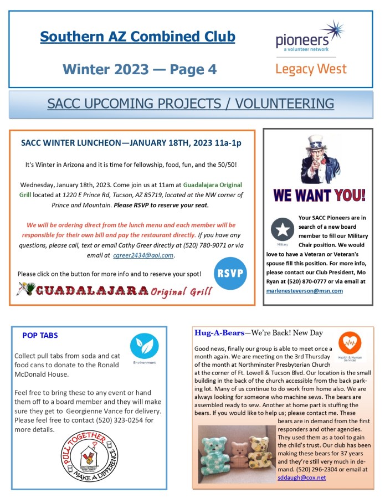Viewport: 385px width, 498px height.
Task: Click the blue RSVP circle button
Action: tap(230, 274)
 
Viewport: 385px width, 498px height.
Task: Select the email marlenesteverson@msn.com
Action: tap(304, 290)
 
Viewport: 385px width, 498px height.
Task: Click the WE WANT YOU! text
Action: tap(319, 196)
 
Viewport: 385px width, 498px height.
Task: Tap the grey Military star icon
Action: tap(283, 230)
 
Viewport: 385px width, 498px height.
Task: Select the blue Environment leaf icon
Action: tap(144, 347)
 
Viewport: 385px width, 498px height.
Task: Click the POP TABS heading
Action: tap(40, 335)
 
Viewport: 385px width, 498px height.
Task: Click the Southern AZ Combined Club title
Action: tap(137, 37)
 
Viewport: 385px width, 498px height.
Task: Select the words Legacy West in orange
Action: tap(311, 69)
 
